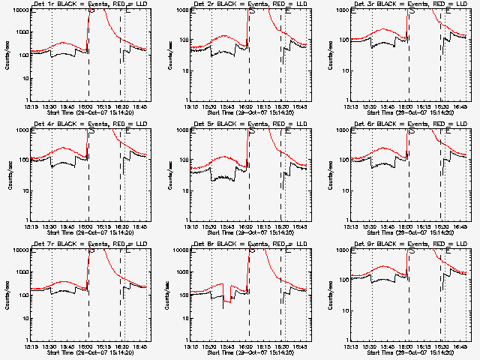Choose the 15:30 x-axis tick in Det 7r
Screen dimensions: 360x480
52,346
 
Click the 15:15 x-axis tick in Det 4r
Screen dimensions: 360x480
33,226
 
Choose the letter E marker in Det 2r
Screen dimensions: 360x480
287,11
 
